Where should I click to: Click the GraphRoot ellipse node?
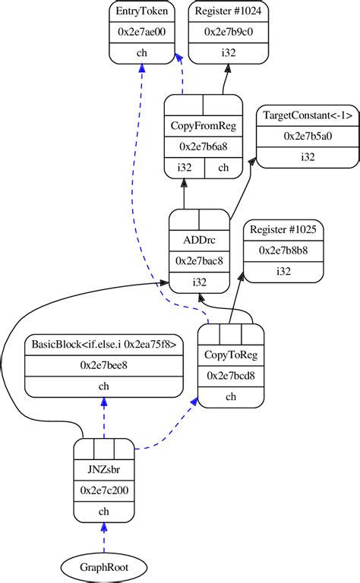104,566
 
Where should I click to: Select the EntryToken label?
142,11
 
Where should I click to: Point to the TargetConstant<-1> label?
308,115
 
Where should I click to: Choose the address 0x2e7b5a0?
308,136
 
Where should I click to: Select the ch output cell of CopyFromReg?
223,167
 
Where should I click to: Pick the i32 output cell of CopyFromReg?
185,167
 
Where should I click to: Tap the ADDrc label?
198,240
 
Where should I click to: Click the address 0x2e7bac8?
198,261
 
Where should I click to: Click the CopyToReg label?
230,355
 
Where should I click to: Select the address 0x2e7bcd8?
230,375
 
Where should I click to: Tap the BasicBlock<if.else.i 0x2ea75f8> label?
104,344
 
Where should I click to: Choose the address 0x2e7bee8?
104,365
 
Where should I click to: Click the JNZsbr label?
104,469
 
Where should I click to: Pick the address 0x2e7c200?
104,490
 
